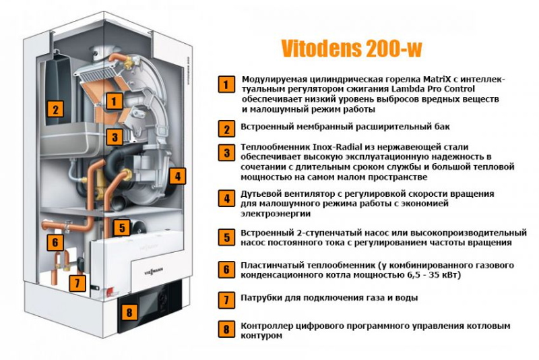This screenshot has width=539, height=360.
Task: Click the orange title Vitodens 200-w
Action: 351,49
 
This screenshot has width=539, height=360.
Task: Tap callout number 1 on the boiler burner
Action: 114,101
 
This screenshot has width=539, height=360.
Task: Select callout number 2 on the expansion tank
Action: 55,109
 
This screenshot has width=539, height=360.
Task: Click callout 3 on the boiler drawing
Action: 115,138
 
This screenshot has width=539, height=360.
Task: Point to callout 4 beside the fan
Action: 177,176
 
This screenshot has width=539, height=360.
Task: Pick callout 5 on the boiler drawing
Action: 122,227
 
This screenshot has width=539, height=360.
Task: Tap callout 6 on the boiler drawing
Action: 55,242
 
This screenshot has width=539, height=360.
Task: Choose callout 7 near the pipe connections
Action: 77,283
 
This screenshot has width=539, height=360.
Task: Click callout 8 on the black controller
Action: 129,312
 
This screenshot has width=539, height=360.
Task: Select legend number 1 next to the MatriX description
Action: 226,84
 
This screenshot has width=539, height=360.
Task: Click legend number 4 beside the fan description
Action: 226,198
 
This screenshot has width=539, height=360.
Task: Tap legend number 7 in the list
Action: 226,300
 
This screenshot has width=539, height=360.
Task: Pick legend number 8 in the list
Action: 226,329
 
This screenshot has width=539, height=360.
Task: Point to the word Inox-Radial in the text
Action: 338,147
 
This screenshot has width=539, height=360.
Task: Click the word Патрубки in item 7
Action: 261,298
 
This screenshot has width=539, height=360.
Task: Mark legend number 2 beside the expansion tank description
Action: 226,129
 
